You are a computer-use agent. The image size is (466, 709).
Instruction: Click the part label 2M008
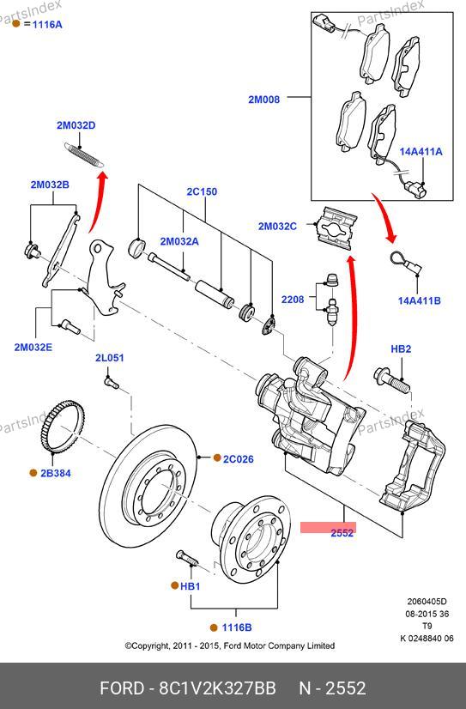click(264, 99)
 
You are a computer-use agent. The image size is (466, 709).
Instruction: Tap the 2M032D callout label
click(76, 125)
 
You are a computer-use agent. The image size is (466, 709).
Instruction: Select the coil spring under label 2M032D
click(84, 155)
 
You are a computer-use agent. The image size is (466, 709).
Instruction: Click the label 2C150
click(202, 191)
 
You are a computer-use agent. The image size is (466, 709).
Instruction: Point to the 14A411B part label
click(419, 300)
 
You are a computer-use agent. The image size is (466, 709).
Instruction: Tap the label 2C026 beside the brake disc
click(239, 459)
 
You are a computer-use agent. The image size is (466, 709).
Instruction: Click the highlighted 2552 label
click(342, 533)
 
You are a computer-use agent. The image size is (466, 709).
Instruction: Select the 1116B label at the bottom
click(237, 627)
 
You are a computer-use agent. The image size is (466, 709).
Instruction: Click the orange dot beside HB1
click(174, 585)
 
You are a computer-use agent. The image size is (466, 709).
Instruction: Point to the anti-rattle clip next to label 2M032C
click(336, 228)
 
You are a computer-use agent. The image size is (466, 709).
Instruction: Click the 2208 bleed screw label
click(293, 300)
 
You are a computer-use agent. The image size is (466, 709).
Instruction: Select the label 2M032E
click(33, 348)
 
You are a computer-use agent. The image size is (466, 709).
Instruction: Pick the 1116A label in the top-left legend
click(47, 24)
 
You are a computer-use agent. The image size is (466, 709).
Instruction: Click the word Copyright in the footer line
click(150, 645)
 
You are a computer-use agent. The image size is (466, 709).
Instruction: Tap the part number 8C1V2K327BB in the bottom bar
click(217, 688)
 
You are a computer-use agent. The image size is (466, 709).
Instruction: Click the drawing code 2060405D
click(427, 602)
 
